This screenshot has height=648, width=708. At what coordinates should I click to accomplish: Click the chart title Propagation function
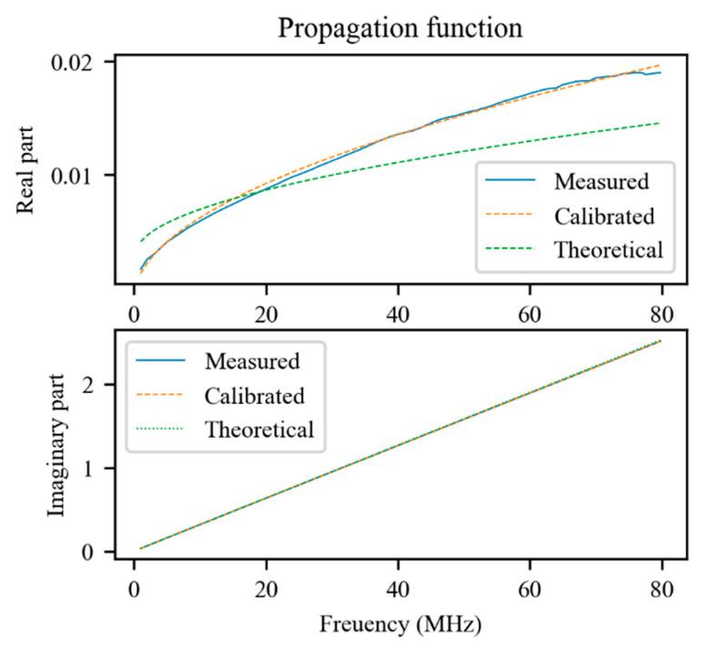pyautogui.click(x=400, y=27)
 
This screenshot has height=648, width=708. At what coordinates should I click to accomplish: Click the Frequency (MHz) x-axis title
pyautogui.click(x=400, y=625)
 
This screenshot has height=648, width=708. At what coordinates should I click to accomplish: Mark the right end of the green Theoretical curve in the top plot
pyautogui.click(x=658, y=123)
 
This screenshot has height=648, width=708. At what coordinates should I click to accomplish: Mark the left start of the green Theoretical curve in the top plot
pyautogui.click(x=140, y=242)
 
